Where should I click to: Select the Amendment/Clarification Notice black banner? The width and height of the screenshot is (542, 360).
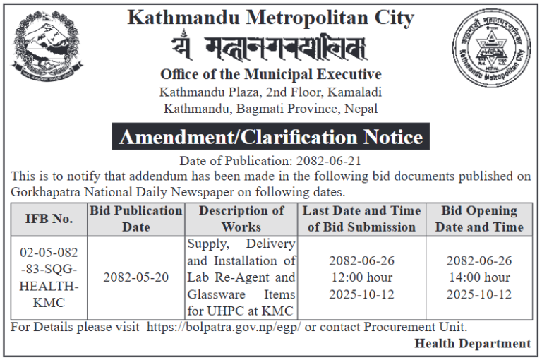coord(270,136)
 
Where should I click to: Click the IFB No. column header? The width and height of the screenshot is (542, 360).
coord(47,219)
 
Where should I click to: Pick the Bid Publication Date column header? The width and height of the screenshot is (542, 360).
coord(136,219)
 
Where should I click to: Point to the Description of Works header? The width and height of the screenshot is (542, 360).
coord(241,219)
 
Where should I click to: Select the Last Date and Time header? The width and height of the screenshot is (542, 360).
coord(361,219)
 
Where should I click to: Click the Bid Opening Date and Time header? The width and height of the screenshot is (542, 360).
coord(479,219)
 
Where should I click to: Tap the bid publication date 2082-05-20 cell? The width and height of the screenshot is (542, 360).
coord(136,277)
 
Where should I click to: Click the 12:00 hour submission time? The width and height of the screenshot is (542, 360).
coord(361,277)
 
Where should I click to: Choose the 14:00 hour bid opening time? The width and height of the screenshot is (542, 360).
coord(479,277)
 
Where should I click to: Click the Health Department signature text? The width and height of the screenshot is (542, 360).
coord(472,344)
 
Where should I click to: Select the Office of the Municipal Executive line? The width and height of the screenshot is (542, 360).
coord(270,75)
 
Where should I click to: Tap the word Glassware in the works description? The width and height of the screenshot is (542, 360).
coord(215,294)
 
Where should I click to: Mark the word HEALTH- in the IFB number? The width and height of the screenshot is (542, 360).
coord(47,286)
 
